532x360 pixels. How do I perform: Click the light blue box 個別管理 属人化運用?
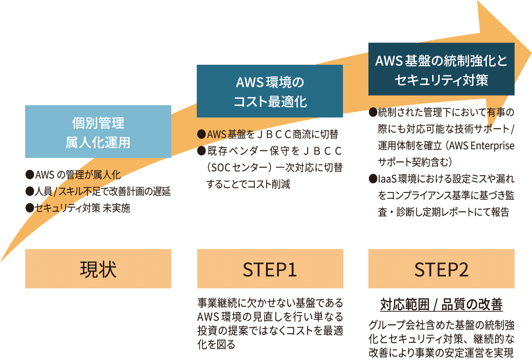point(98,132)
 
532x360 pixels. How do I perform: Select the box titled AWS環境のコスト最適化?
point(270,91)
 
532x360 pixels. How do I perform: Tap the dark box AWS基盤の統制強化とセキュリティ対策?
point(441,69)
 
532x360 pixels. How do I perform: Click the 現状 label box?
point(98,269)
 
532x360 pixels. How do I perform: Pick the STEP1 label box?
point(270,269)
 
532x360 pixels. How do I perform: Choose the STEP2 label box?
point(441,269)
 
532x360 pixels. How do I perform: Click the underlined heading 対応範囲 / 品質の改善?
point(441,305)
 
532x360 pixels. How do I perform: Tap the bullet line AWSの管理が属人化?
point(73,174)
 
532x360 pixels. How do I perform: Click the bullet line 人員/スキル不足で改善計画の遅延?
point(98,191)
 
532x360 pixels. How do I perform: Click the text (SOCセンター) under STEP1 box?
point(238,168)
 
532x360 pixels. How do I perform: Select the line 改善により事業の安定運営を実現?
point(441,353)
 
